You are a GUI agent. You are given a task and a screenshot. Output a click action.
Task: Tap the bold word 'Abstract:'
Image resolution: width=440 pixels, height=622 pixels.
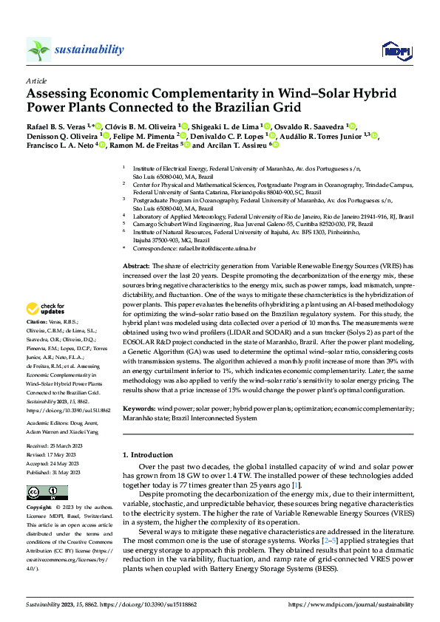click(137, 264)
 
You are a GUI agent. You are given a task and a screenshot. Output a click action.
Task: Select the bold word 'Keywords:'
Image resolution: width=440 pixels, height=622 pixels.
click(138, 408)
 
